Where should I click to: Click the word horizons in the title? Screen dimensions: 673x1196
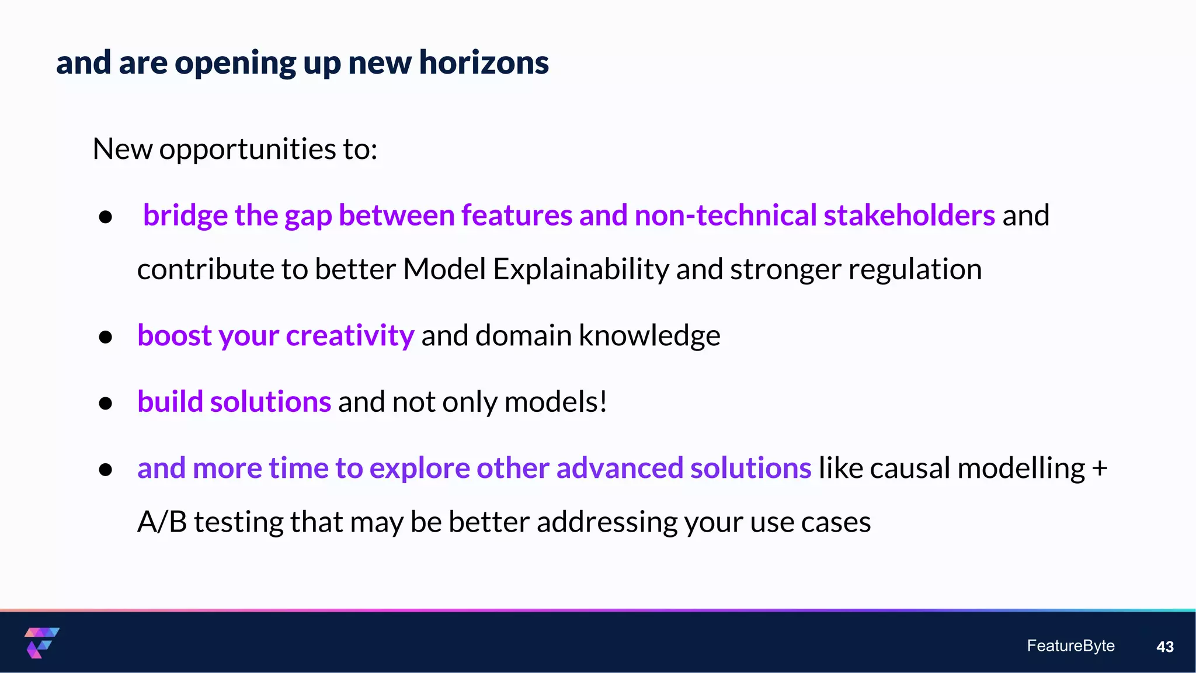tap(484, 63)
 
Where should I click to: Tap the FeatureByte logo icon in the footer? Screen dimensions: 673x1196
tap(41, 643)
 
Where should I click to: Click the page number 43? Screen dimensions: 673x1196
tap(1164, 647)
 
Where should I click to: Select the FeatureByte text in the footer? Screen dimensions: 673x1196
tap(1070, 646)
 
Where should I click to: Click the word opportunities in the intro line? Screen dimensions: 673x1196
tap(247, 150)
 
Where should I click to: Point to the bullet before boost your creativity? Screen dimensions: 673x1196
tap(106, 337)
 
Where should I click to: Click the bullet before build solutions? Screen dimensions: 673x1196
tap(106, 403)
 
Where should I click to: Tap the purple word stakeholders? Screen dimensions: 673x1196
tap(909, 215)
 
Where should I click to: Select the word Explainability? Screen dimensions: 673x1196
tap(580, 270)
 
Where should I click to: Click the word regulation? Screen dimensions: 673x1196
tap(915, 270)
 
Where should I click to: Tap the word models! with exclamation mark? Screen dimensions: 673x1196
tap(555, 402)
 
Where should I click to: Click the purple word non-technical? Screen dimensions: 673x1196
tap(725, 215)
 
